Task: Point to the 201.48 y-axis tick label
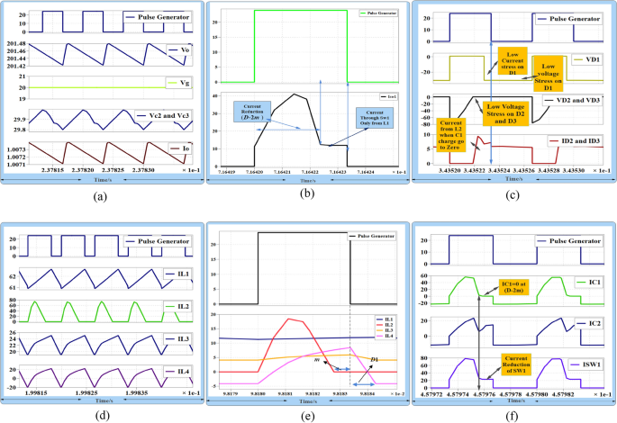click(16, 41)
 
